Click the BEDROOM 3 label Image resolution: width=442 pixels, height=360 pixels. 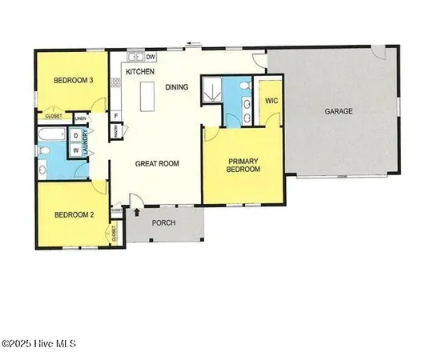pos(74,80)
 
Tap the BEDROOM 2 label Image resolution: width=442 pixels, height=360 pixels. pos(74,214)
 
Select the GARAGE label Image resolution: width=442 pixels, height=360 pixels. pos(338,111)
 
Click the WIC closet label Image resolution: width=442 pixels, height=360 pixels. pos(271,102)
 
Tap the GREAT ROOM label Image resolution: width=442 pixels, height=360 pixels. pos(156,163)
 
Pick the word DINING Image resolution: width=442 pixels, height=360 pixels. pos(179,86)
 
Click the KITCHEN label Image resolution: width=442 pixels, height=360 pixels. pos(140,72)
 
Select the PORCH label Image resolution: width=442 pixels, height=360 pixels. pos(164,223)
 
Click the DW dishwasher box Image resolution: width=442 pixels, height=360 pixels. pos(151,57)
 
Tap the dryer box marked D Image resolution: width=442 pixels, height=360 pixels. pos(76,135)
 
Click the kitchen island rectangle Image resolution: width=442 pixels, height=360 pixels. pos(147,96)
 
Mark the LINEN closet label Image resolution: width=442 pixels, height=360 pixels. pos(80,119)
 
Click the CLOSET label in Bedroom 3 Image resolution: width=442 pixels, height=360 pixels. pos(54,116)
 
